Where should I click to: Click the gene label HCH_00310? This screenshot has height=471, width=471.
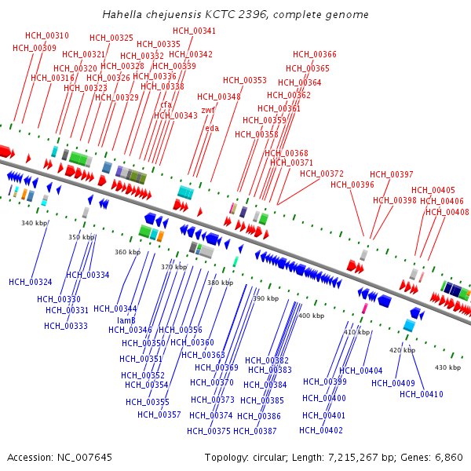pyautogui.click(x=47, y=35)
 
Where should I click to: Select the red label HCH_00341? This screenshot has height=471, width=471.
pyautogui.click(x=195, y=31)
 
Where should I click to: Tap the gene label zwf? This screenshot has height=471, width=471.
pyautogui.click(x=208, y=110)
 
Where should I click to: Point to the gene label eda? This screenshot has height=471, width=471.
pyautogui.click(x=212, y=128)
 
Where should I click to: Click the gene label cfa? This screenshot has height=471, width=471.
pyautogui.click(x=166, y=104)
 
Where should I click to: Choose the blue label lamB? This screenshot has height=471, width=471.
pyautogui.click(x=126, y=319)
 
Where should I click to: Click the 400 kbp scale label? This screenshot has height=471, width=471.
pyautogui.click(x=312, y=316)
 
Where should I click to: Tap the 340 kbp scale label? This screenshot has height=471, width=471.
pyautogui.click(x=35, y=224)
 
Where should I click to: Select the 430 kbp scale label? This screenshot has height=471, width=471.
pyautogui.click(x=447, y=367)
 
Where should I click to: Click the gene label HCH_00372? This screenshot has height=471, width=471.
pyautogui.click(x=322, y=173)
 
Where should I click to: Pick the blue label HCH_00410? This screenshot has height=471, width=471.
pyautogui.click(x=422, y=394)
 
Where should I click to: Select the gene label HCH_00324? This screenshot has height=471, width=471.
pyautogui.click(x=31, y=282)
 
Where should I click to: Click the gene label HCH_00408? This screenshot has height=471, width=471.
pyautogui.click(x=447, y=212)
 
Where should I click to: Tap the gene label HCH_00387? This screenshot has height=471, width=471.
pyautogui.click(x=255, y=431)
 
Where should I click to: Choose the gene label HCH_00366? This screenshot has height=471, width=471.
pyautogui.click(x=315, y=54)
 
